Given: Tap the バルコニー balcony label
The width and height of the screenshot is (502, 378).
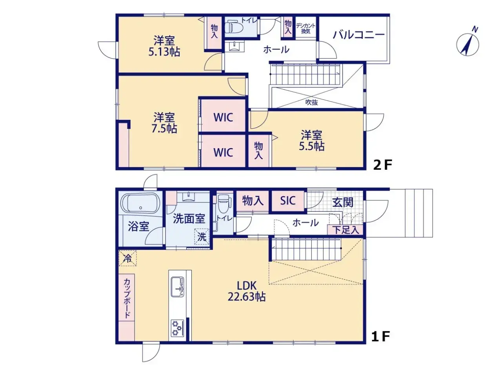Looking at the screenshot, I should tap(358, 35).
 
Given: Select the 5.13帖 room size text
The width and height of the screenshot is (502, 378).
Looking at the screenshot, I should tap(164, 52).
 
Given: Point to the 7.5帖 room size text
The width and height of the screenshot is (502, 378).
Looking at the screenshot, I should tap(164, 128).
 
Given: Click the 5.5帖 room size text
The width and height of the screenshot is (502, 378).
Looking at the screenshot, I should tap(312, 146).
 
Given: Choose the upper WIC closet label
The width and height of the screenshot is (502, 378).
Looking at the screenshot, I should tap(223, 117).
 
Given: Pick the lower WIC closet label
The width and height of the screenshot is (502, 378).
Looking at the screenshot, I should tap(223, 152).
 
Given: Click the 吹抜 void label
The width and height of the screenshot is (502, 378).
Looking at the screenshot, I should tap(311, 102).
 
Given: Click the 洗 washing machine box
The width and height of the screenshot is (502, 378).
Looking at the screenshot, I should tap(202, 237).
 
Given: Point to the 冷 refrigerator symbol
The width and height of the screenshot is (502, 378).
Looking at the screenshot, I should tap(127, 259).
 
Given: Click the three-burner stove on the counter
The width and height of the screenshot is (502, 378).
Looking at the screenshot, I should tap(177, 328).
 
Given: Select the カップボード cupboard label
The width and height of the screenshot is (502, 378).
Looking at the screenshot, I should tap(127, 298).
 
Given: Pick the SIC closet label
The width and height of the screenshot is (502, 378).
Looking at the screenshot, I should tap(287, 201).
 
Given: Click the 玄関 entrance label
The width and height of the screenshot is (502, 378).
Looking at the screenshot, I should tap(342, 202).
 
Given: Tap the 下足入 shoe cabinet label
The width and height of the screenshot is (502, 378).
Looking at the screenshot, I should tap(346, 230).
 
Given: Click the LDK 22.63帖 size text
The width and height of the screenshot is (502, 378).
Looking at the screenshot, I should tap(246, 297).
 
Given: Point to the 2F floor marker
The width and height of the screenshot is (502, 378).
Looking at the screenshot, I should tap(382, 165).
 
